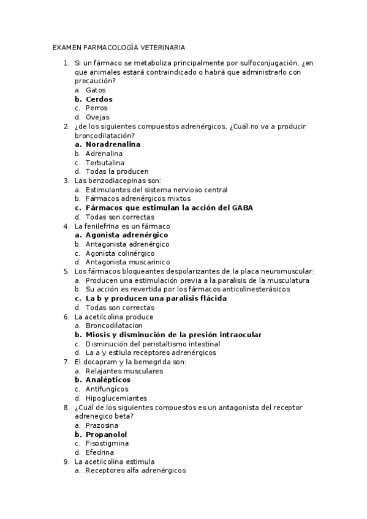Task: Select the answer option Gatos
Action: [x=96, y=90]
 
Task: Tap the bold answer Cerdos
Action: [x=99, y=99]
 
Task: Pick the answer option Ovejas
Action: [x=97, y=117]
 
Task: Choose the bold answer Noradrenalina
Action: [x=113, y=144]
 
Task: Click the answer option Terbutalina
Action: [x=105, y=163]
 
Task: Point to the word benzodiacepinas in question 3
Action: [x=117, y=181]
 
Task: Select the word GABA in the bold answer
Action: [x=242, y=207]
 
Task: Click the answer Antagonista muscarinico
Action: [x=127, y=262]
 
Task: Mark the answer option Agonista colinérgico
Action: [x=120, y=253]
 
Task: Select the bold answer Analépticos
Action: [x=108, y=380]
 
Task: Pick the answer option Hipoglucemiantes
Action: [x=116, y=398]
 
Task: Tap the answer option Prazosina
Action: [x=102, y=425]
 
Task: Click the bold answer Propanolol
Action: [x=106, y=435]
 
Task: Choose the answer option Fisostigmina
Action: [x=107, y=443]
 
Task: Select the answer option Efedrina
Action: [x=100, y=452]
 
